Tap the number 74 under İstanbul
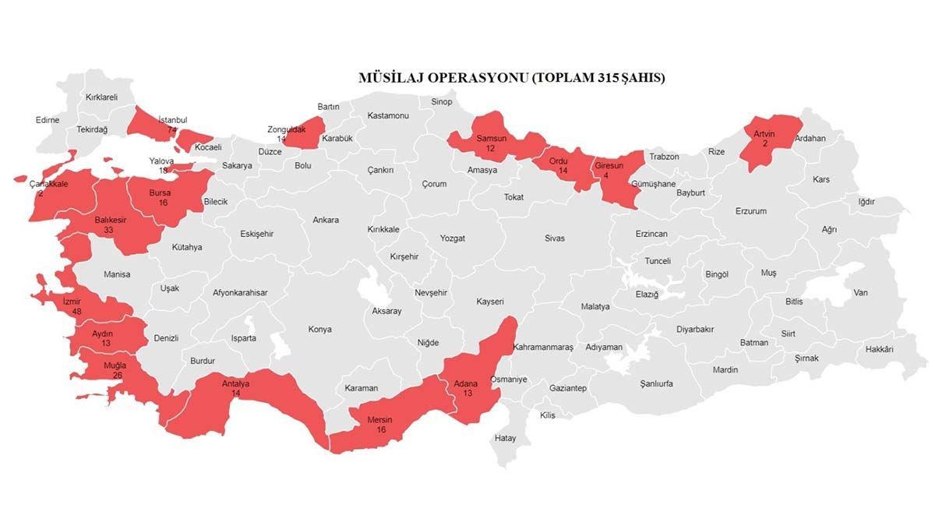tap(172, 130)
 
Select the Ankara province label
tap(326, 220)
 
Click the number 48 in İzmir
tap(77, 310)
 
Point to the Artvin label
tap(764, 134)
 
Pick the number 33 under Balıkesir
tap(110, 231)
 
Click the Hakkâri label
tap(879, 349)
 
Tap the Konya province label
tap(319, 329)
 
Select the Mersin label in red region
tap(379, 420)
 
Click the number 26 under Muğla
tap(117, 375)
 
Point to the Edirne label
tap(48, 120)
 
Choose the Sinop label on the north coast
tap(442, 102)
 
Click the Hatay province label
tap(505, 438)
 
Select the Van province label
tap(860, 293)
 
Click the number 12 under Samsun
tap(491, 148)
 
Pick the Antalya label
tap(235, 383)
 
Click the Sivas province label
tap(555, 238)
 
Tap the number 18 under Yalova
tap(164, 171)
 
